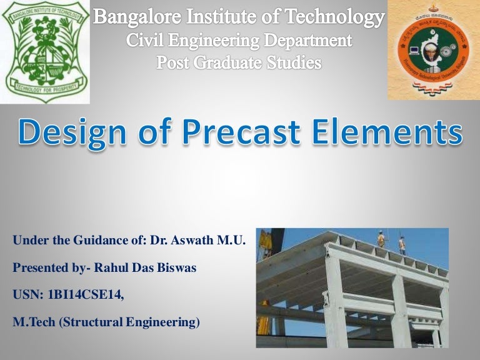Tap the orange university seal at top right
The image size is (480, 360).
click(x=432, y=50)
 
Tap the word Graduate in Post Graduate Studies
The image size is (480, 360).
click(x=239, y=62)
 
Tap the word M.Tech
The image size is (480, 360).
click(x=31, y=323)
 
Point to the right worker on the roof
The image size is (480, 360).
click(x=402, y=244)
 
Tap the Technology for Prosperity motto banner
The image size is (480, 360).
click(x=45, y=90)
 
